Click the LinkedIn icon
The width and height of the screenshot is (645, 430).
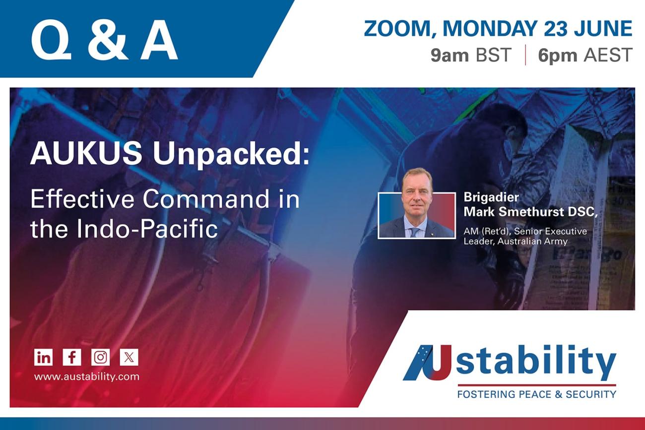tap(43, 357)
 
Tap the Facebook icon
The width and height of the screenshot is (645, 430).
tap(72, 357)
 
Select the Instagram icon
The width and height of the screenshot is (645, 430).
tap(100, 357)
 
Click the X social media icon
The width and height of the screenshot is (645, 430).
tap(129, 357)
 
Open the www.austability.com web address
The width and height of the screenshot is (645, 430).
tap(86, 376)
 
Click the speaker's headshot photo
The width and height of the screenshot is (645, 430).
tap(416, 208)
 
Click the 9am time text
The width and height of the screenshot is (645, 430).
tap(450, 55)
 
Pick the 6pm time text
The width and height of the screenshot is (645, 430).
tap(558, 55)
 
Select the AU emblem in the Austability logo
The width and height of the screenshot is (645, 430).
tap(428, 363)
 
